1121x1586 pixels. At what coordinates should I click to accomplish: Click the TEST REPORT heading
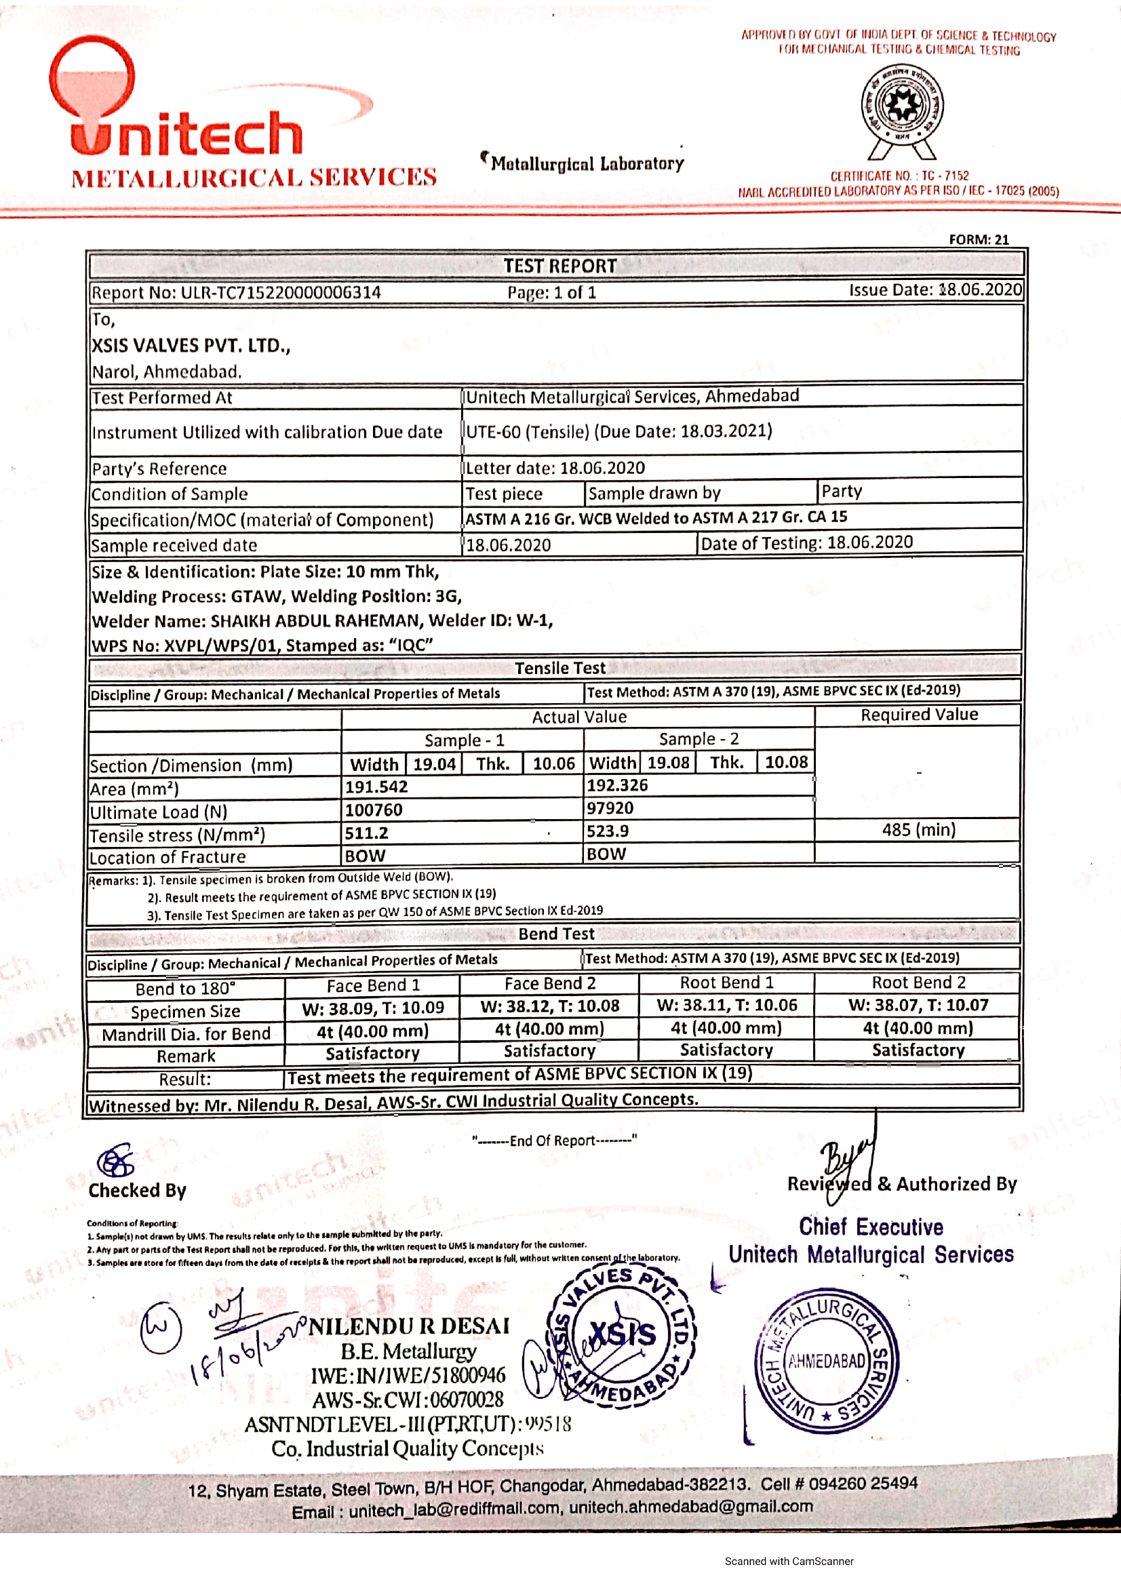point(559,266)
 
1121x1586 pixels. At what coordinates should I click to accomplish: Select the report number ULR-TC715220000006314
point(281,292)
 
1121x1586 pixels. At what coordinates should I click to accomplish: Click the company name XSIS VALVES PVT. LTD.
point(191,345)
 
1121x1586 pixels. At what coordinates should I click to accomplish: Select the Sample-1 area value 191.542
point(376,787)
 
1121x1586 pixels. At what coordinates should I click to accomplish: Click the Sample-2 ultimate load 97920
point(610,808)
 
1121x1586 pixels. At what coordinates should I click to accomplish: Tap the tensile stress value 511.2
point(367,833)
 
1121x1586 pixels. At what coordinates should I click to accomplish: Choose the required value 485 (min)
point(918,829)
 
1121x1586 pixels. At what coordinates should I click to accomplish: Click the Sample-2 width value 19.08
point(668,763)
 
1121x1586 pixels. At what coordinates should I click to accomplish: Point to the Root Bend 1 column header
point(726,983)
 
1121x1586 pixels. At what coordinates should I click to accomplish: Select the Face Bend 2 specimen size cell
point(549,1006)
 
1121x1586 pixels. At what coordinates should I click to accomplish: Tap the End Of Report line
point(554,1141)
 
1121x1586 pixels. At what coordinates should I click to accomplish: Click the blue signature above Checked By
point(116,1161)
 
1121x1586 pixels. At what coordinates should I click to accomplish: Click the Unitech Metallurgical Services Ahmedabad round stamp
point(826,1360)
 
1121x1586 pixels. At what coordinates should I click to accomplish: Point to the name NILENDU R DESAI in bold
point(409,1326)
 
